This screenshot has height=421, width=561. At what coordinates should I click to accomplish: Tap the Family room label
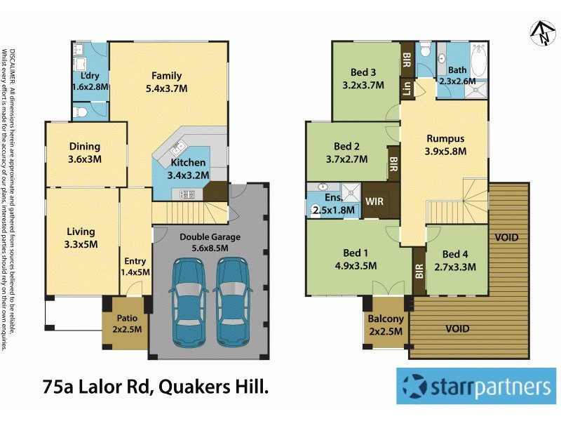(x=168, y=82)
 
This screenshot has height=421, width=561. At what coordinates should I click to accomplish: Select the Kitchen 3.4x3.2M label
(x=188, y=168)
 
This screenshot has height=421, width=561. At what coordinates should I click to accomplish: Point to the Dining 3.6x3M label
(x=84, y=153)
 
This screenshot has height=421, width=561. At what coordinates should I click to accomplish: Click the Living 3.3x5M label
(x=81, y=238)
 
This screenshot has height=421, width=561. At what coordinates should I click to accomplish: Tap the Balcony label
(x=386, y=324)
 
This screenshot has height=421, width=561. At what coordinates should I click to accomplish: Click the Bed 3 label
(x=364, y=79)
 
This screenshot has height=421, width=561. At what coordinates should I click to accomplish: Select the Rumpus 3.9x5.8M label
(x=445, y=144)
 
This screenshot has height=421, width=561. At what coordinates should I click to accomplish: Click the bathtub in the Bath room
(x=478, y=60)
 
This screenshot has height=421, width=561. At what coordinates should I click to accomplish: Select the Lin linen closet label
(x=406, y=88)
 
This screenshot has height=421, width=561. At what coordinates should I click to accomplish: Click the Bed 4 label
(x=455, y=260)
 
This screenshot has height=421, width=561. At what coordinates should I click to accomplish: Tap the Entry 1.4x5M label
(x=135, y=267)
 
